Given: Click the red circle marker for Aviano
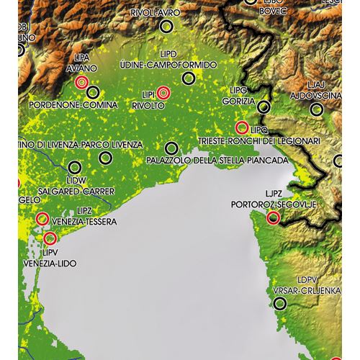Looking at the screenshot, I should pyautogui.click(x=81, y=83).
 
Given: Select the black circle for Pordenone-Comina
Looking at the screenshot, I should pyautogui.click(x=92, y=92).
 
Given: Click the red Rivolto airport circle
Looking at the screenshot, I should pyautogui.click(x=163, y=92).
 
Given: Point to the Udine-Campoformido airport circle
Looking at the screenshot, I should pyautogui.click(x=189, y=78).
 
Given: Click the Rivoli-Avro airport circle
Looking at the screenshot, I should pyautogui.click(x=167, y=26).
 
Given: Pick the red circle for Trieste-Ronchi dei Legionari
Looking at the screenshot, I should pyautogui.click(x=242, y=127).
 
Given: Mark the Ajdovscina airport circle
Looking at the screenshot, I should pyautogui.click(x=315, y=110).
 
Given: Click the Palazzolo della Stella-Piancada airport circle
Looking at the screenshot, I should pyautogui.click(x=171, y=148).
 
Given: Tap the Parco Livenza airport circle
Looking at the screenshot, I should pyautogui.click(x=106, y=158).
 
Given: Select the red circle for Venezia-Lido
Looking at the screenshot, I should pyautogui.click(x=50, y=238).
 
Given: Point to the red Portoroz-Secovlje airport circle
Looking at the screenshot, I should pyautogui.click(x=273, y=217).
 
